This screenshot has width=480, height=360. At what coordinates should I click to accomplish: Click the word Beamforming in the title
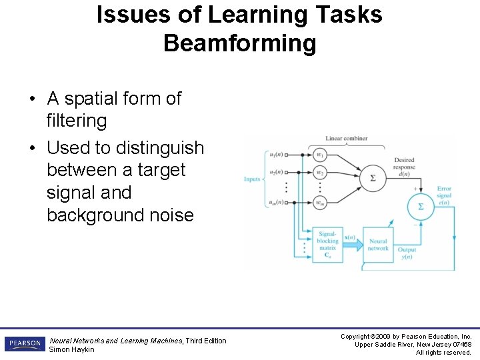click(239, 43)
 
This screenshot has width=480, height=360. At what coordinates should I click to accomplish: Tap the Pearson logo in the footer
click(25, 344)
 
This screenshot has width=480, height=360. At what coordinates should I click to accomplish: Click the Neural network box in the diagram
click(377, 245)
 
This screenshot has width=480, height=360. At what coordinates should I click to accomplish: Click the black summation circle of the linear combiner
click(372, 179)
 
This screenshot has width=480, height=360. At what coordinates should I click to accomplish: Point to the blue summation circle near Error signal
click(420, 207)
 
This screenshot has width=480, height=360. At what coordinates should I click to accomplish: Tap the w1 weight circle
click(321, 155)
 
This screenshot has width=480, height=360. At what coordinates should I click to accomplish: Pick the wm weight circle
click(321, 203)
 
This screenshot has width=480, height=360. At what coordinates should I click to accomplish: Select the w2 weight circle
click(321, 173)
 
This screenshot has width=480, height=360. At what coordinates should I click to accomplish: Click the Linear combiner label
click(346, 139)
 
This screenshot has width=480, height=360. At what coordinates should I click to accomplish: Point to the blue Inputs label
click(252, 179)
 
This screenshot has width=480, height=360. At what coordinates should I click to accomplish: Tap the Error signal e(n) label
click(444, 196)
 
